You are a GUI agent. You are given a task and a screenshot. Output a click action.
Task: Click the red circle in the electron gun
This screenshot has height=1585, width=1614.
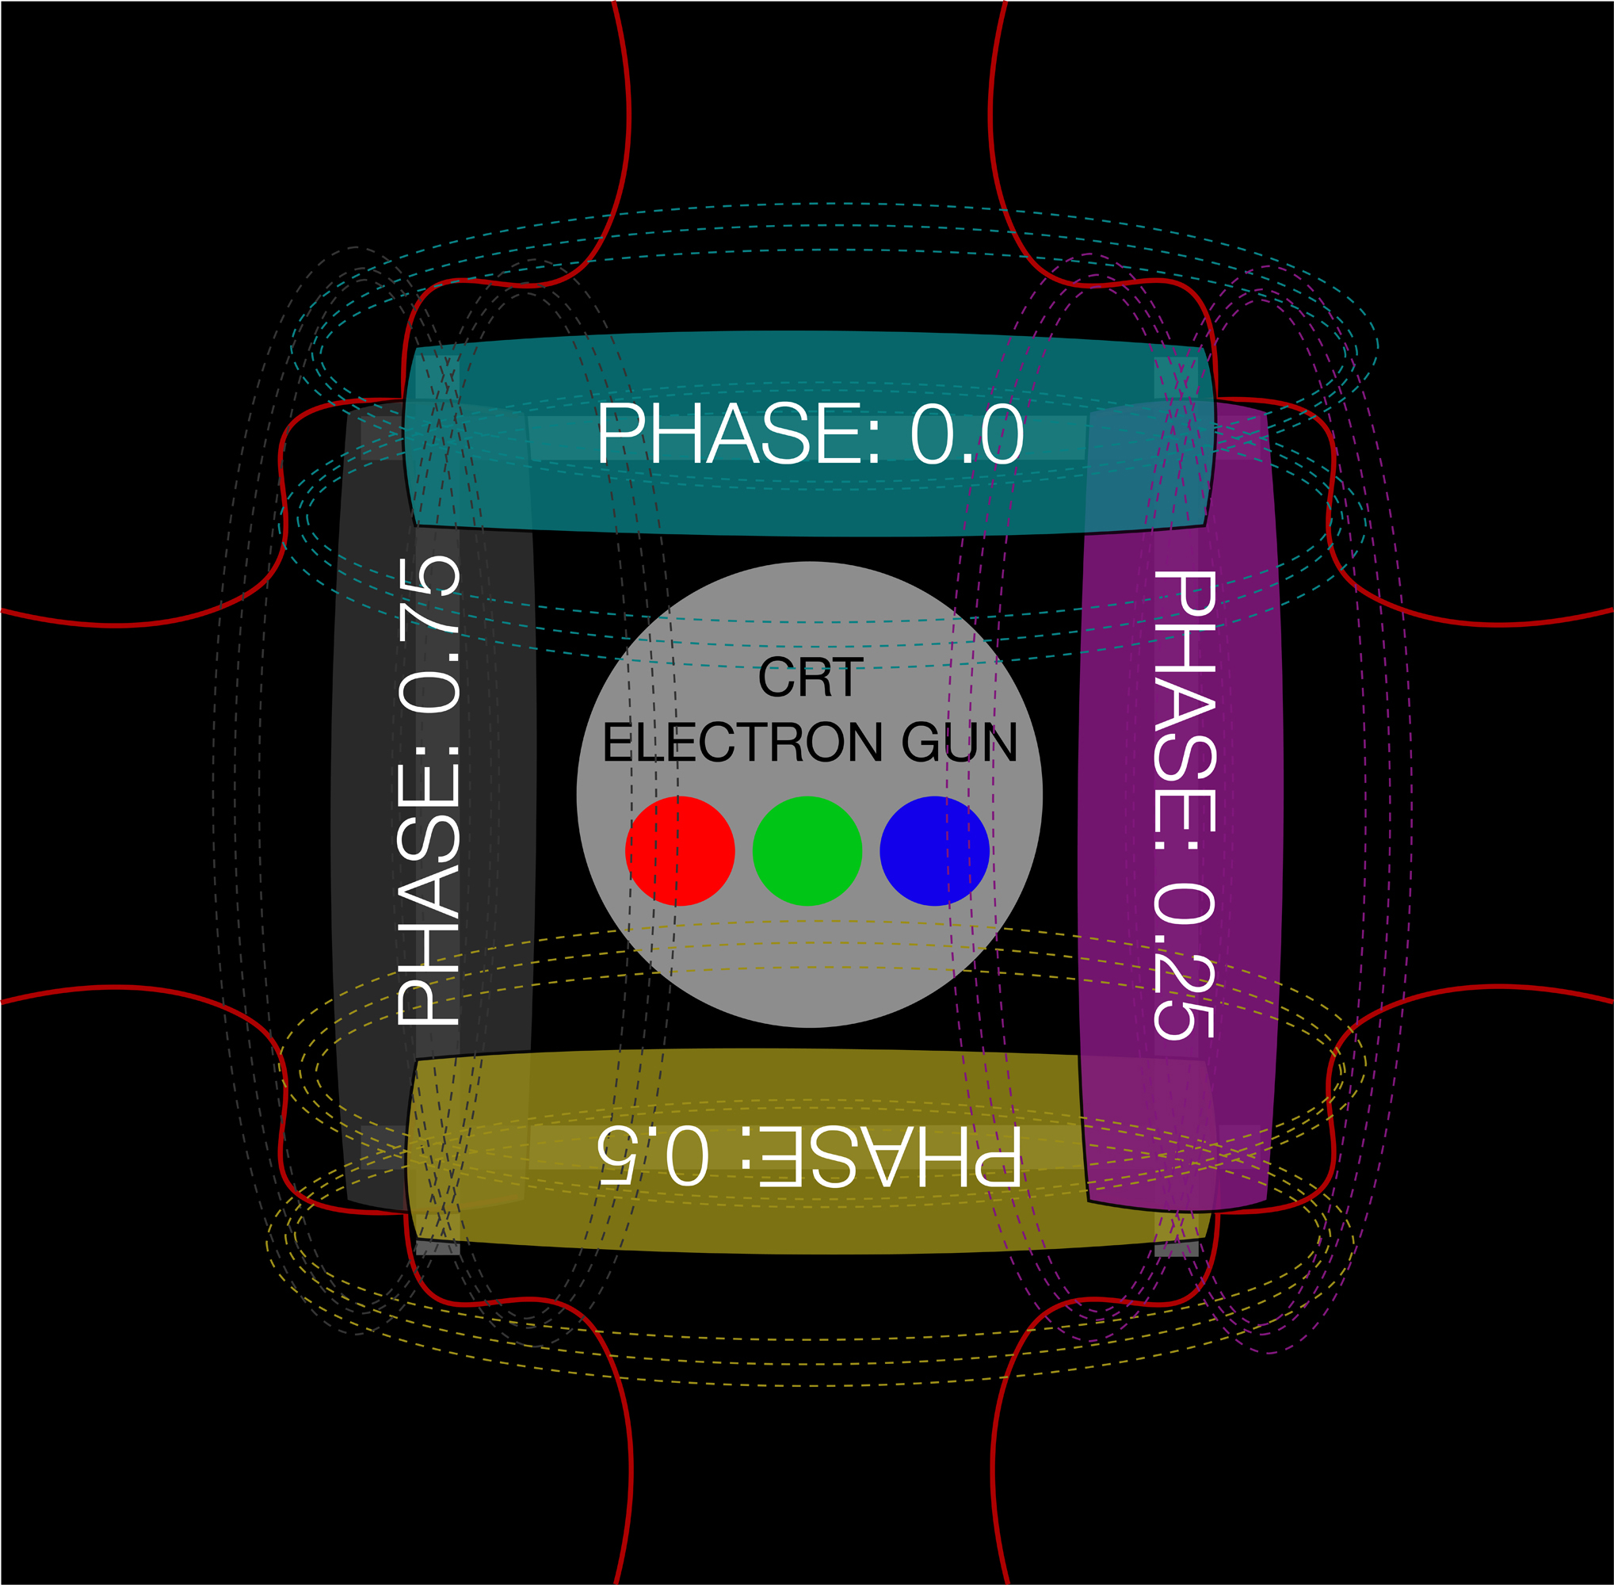[x=679, y=851]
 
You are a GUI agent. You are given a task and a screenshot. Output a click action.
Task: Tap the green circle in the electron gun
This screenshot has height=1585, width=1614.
[x=807, y=851]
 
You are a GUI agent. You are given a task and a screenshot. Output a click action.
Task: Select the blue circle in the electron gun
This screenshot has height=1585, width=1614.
[x=934, y=851]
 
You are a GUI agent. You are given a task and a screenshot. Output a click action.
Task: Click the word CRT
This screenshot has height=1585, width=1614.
[x=810, y=678]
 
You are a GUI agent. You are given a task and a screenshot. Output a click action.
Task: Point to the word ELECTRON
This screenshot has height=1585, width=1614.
[x=742, y=743]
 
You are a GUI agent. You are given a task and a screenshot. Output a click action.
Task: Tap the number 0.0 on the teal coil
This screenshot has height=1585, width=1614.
[x=967, y=434]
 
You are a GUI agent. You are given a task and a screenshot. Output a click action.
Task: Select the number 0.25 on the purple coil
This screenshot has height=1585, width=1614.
[x=1185, y=961]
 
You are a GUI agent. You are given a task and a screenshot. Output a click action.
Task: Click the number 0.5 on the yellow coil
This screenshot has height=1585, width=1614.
[x=654, y=1157]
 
